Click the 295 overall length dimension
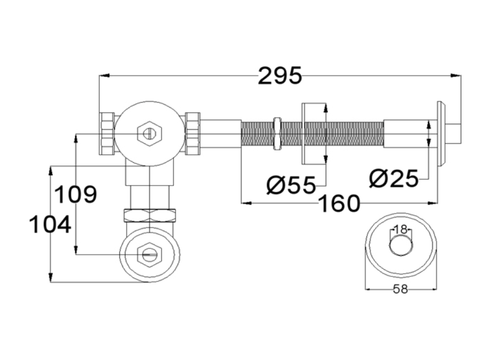(279, 75)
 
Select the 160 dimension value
(339, 204)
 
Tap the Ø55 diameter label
(291, 184)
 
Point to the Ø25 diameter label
(394, 179)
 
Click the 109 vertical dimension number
(76, 195)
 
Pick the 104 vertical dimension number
(50, 225)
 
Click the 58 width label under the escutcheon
(400, 289)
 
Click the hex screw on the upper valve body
(149, 134)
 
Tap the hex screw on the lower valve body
(149, 255)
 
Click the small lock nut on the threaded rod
(277, 134)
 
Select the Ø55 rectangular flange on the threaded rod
(313, 134)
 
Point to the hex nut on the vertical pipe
(149, 215)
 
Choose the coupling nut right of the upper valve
(192, 134)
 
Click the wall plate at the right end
(441, 134)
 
